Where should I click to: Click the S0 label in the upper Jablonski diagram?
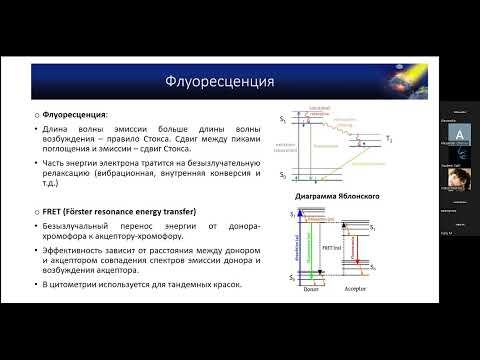click(x=283, y=176)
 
